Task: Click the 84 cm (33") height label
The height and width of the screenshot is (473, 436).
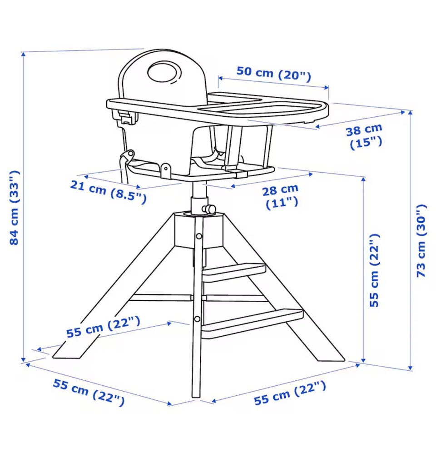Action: pos(15,208)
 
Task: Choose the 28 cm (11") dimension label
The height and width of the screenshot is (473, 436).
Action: pos(281,196)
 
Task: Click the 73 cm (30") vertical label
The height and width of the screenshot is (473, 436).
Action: pos(421,241)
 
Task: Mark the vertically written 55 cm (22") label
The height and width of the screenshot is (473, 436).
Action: pos(374,270)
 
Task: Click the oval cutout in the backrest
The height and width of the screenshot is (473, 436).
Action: pos(164,72)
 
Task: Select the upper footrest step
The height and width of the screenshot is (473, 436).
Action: pos(234,273)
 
